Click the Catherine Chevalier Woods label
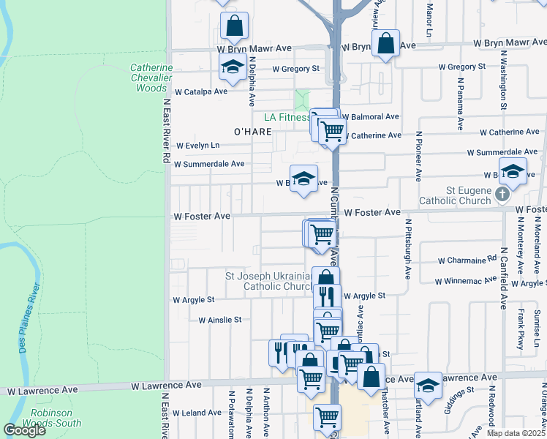point(151,78)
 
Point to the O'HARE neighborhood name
point(252,131)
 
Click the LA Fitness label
point(287,117)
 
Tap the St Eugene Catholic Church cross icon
point(501,195)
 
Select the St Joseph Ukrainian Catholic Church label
point(268,281)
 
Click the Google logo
point(24,430)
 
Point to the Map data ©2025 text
point(516,433)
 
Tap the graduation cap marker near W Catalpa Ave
point(233,67)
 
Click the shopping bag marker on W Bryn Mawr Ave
point(385,43)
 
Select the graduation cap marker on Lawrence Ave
point(428,384)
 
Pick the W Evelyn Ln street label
point(197,146)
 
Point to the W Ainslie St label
point(219,320)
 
